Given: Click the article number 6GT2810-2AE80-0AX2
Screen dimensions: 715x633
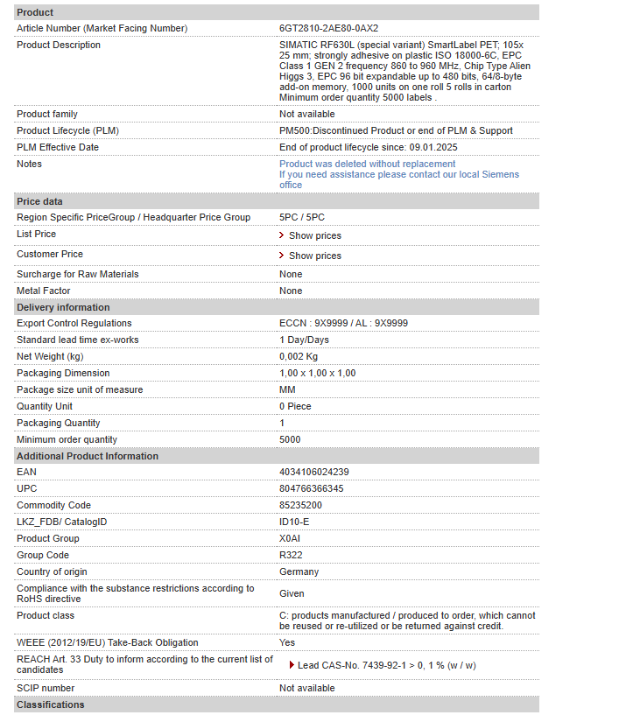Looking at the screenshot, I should (328, 29).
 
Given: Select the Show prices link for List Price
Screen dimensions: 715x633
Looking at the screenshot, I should (314, 235).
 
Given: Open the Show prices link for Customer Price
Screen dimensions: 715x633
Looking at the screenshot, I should (314, 256).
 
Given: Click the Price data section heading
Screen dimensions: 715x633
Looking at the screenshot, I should (40, 201).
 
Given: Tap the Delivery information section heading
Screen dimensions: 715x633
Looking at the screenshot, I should (63, 307).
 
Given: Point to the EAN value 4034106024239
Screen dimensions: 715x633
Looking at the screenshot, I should (313, 473).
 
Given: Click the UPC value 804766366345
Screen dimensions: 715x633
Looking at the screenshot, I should (311, 489).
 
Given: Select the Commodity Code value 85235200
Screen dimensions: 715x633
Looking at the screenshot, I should (300, 506).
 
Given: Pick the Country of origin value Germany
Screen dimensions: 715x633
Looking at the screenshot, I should (299, 572).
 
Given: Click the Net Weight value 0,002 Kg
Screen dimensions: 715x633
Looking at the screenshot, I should (299, 357).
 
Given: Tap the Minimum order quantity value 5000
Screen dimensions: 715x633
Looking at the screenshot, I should (290, 440).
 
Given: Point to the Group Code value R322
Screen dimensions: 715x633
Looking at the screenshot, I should (291, 556).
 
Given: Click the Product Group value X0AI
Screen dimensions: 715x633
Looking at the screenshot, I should (290, 539).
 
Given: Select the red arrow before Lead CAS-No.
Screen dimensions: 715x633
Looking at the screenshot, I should (292, 665).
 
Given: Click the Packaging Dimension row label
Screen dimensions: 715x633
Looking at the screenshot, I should (64, 374).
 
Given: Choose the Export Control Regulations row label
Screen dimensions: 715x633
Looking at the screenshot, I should (74, 324).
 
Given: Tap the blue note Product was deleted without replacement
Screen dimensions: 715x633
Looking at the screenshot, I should (367, 164).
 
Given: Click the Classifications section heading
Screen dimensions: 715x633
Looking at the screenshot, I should (51, 705).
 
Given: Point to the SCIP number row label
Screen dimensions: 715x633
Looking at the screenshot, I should (46, 689).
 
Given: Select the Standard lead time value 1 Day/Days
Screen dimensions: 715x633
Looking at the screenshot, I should (304, 340).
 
